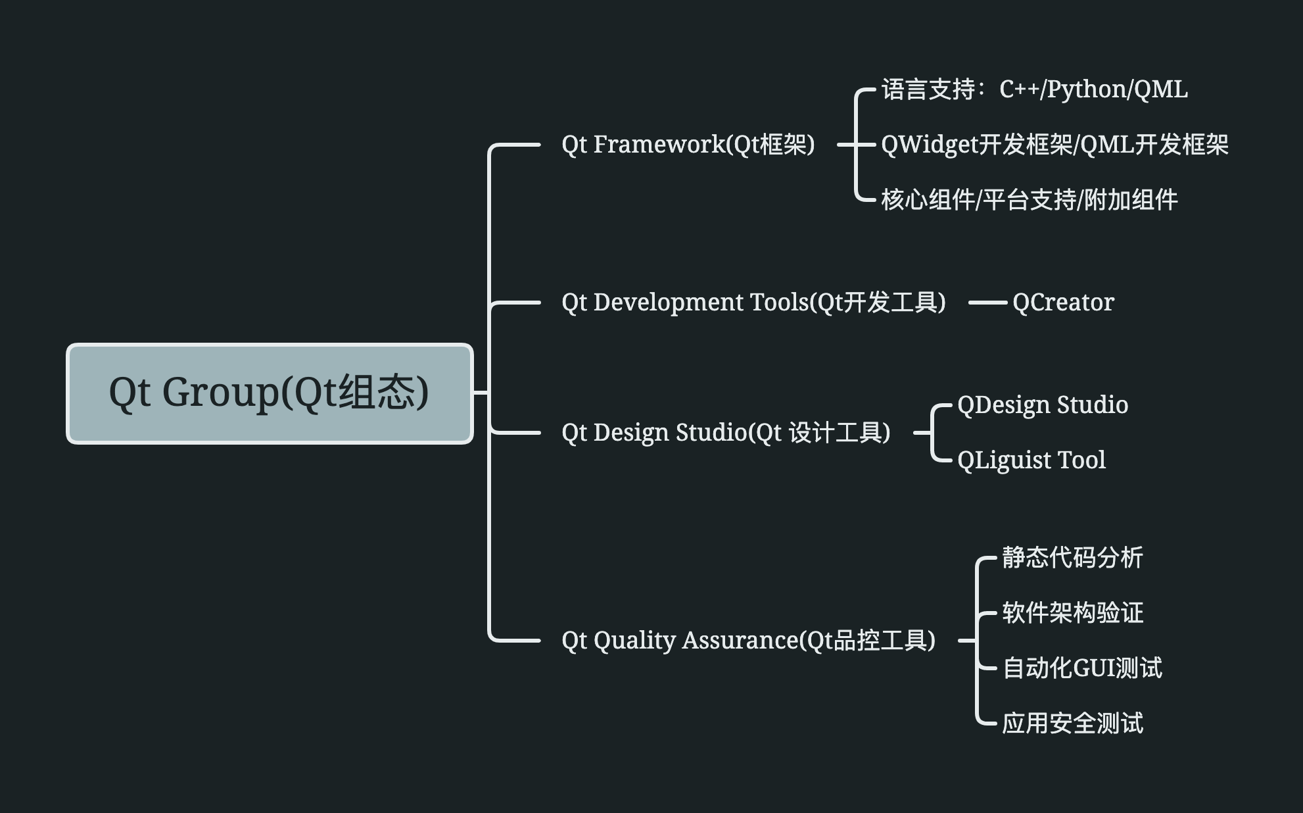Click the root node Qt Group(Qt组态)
point(270,393)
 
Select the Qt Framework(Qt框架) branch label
point(688,144)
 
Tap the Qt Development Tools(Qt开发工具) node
point(753,303)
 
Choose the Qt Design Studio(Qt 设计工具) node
point(726,433)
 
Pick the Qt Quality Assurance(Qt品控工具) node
point(748,640)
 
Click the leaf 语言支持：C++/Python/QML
point(1034,89)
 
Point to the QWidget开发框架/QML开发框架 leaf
point(1054,145)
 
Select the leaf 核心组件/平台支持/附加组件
point(1029,200)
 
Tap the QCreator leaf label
point(1063,303)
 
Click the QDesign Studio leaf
point(1043,405)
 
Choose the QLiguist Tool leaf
point(1031,460)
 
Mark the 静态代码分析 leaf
point(1072,558)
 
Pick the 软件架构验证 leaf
point(1072,613)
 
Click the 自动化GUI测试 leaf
point(1082,668)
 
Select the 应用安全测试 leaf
point(1072,724)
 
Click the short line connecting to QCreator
point(987,303)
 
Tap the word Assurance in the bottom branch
point(740,640)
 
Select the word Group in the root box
point(220,393)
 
